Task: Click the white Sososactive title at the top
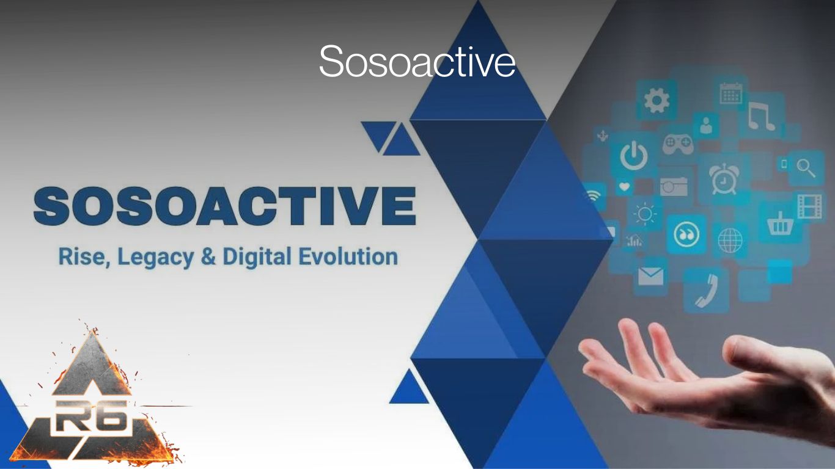click(417, 61)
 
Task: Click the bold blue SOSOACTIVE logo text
click(225, 206)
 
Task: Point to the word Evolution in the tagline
click(347, 256)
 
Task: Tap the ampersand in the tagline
click(208, 257)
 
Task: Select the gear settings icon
click(657, 100)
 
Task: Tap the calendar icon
click(730, 93)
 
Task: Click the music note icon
click(762, 116)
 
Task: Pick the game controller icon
click(679, 144)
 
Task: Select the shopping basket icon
click(779, 225)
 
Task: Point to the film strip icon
click(810, 206)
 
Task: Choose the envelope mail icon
click(650, 277)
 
